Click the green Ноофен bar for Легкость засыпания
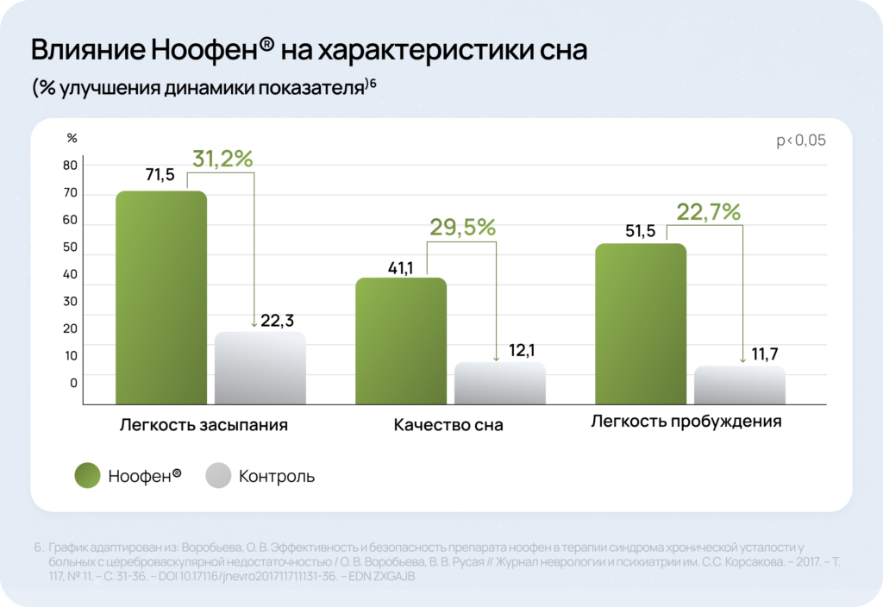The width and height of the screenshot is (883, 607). tap(161, 297)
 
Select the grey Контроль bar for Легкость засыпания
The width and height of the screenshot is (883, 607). tap(260, 368)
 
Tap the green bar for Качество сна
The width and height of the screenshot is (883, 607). tap(401, 341)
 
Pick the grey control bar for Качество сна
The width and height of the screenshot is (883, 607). tap(500, 383)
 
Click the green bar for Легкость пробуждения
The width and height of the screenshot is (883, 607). tap(641, 324)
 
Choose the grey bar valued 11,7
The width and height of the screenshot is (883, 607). tap(739, 385)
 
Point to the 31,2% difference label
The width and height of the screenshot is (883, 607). tap(222, 159)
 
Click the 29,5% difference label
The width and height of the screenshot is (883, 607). tap(462, 228)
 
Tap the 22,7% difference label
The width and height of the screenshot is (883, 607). tap(708, 212)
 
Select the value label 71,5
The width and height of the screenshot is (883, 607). tap(160, 175)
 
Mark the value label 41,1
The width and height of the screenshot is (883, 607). tap(401, 268)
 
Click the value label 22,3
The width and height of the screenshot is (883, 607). tap(278, 321)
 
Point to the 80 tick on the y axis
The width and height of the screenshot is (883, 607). tap(70, 166)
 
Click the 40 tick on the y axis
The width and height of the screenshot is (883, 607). tap(70, 274)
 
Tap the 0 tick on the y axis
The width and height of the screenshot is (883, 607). tap(73, 382)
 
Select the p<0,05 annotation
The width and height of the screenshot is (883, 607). tap(801, 141)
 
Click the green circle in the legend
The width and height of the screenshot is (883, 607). tap(88, 475)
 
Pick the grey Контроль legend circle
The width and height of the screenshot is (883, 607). tap(219, 475)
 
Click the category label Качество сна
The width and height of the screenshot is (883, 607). tap(448, 425)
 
